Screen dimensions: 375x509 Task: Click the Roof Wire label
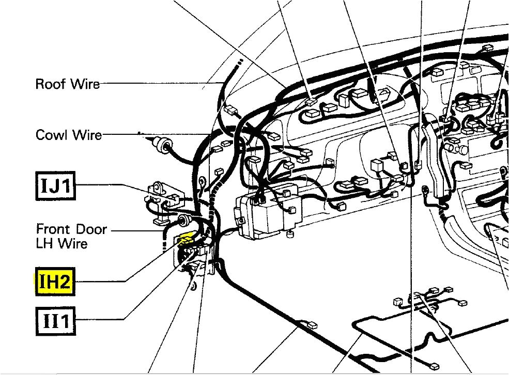[x=67, y=84]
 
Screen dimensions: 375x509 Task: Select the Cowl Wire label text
[x=68, y=135]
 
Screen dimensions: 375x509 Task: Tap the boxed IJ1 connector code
[x=55, y=185]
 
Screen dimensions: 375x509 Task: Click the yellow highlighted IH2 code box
[x=54, y=282]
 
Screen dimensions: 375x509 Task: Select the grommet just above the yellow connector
[x=182, y=222]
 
